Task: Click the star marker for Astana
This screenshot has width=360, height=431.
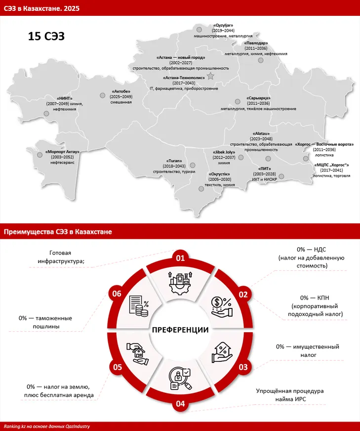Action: pos(211,76)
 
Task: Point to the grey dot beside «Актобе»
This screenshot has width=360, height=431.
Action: pos(102,95)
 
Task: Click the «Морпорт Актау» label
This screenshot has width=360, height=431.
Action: pos(62,151)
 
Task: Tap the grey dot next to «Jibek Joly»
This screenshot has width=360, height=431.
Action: pos(241,158)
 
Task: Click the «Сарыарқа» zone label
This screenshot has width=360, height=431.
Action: pos(258,98)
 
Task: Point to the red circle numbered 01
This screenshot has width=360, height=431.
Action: pos(180,258)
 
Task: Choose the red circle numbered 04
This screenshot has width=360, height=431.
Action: pos(180,403)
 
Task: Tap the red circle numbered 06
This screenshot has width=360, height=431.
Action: pos(117,294)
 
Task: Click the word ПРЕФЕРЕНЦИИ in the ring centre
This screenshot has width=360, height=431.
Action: pos(180,330)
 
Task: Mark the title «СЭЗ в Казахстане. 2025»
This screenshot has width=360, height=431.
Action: pos(41,8)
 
